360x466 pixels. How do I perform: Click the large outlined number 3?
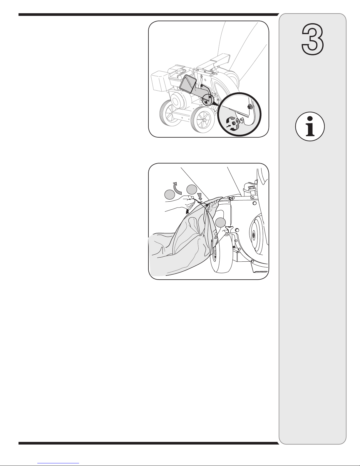[x=313, y=39]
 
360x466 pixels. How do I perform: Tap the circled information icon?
[x=310, y=126]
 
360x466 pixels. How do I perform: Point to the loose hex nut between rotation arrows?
[x=234, y=123]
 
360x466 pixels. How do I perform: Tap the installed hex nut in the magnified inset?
[x=249, y=107]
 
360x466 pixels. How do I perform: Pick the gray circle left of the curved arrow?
[x=170, y=195]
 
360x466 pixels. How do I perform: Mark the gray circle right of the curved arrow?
[x=192, y=190]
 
